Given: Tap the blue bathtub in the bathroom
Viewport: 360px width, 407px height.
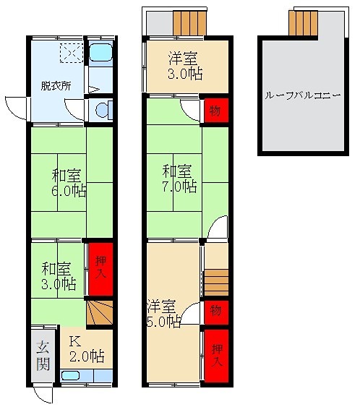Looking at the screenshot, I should tap(101, 55).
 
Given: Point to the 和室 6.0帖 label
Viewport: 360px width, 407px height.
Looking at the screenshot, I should tap(69, 183).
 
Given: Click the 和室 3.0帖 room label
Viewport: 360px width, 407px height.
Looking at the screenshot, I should tap(57, 275).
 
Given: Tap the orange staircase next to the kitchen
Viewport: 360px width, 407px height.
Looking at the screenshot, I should tap(100, 312).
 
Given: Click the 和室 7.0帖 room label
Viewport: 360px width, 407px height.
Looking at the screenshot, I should tap(179, 178).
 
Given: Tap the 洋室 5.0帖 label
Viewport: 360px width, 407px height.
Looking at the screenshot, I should tap(163, 313).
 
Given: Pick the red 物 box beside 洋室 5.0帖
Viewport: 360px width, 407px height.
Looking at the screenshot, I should tap(215, 311).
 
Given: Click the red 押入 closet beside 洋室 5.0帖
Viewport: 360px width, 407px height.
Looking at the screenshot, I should tap(215, 356).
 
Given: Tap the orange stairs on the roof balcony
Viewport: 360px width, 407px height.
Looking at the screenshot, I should tap(303, 23).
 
